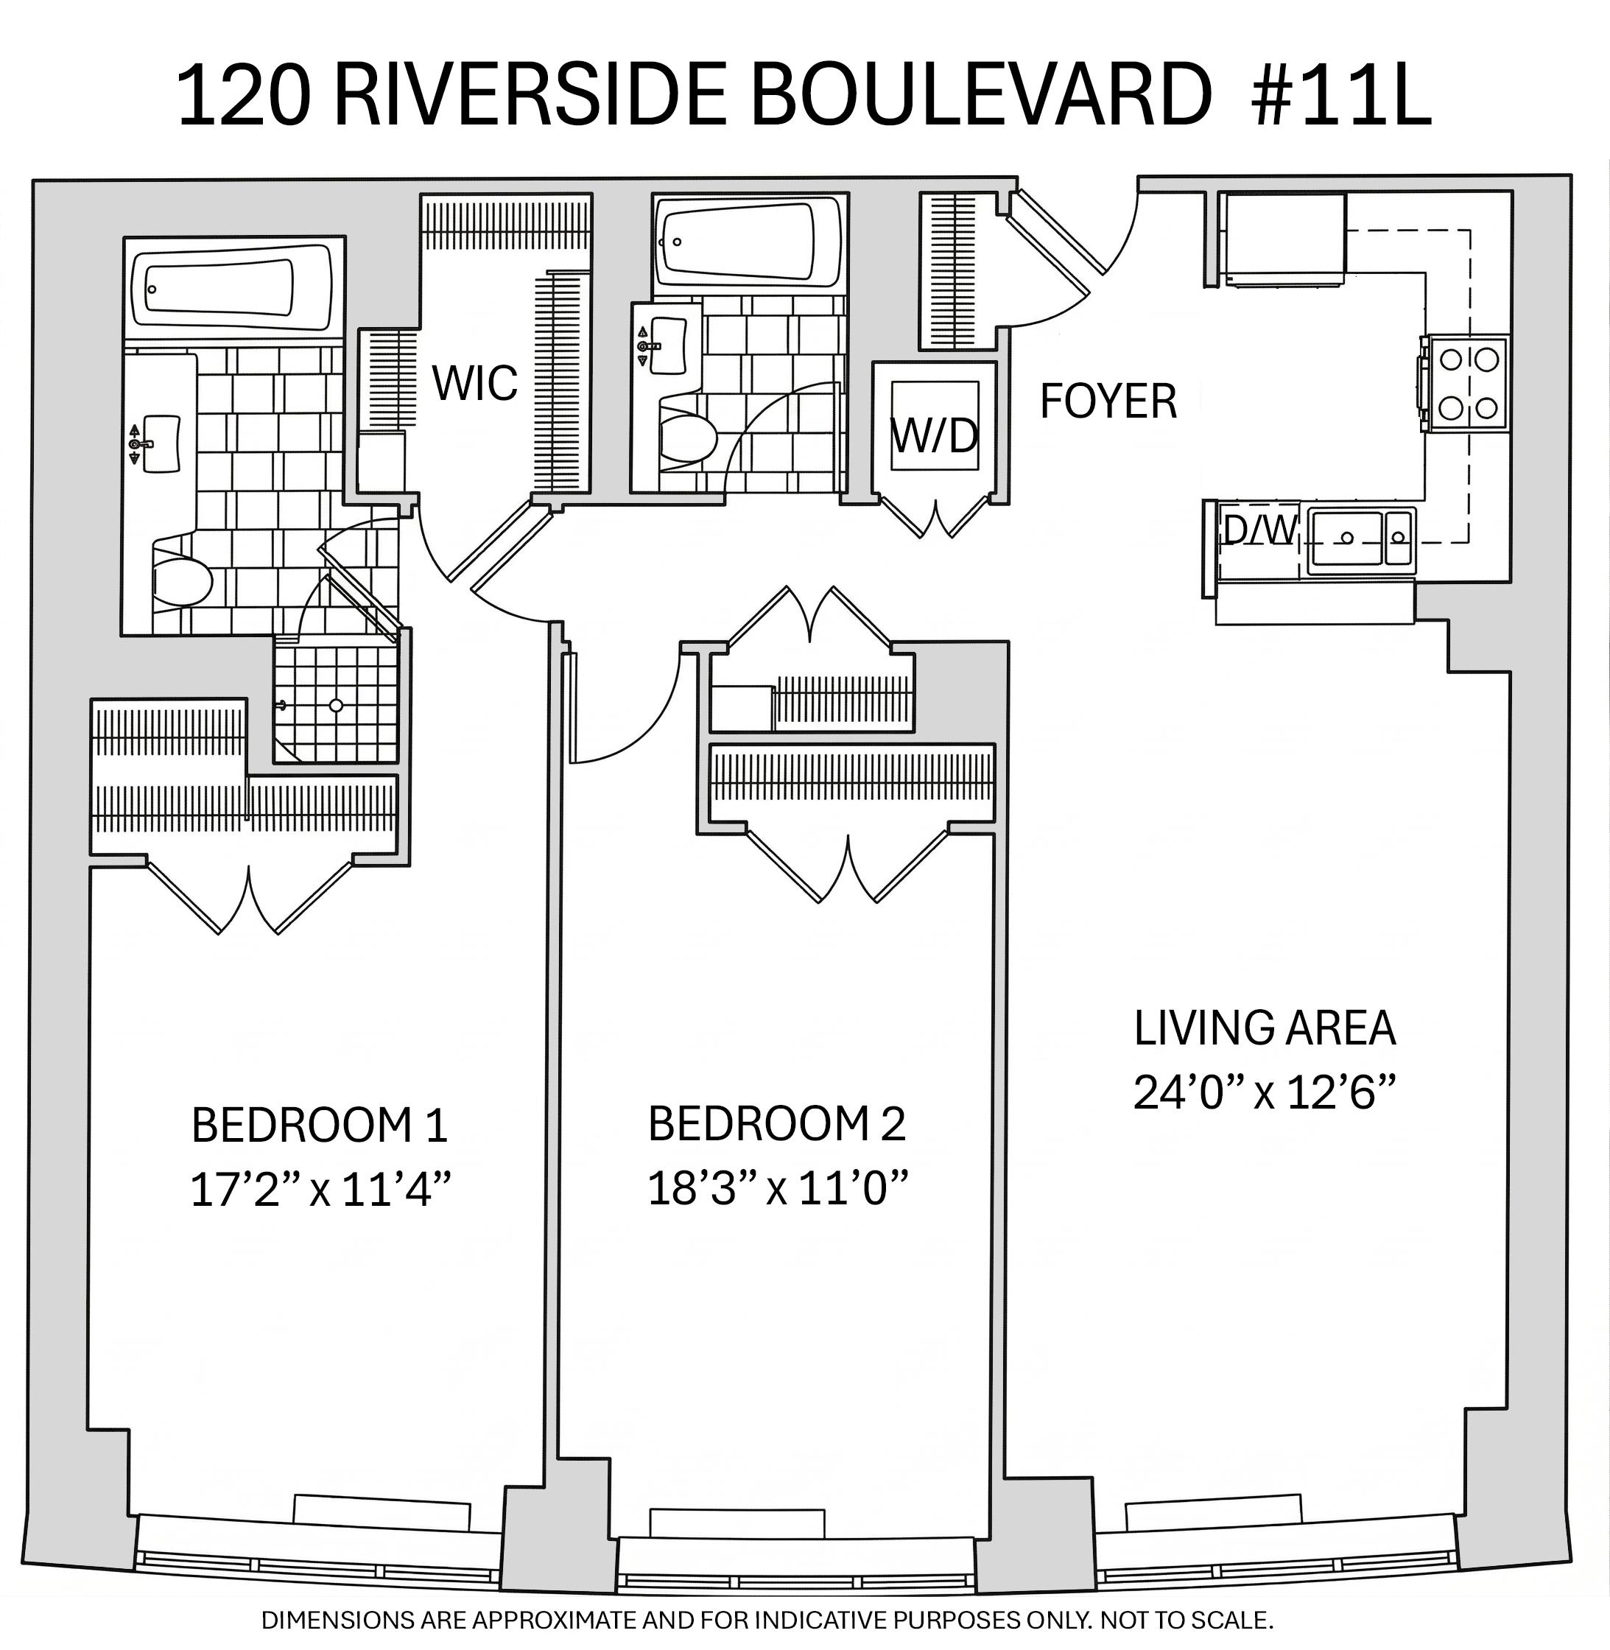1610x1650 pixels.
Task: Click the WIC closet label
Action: [x=475, y=383]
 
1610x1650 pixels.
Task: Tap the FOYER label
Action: [x=1108, y=401]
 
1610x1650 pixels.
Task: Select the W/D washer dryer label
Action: [x=935, y=435]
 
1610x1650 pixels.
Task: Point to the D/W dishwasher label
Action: [x=1260, y=530]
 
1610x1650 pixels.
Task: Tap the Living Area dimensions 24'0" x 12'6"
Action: [x=1263, y=1092]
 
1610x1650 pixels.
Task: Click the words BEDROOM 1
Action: [x=320, y=1125]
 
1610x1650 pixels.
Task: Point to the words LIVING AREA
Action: [x=1264, y=1028]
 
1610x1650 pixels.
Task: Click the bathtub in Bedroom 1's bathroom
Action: [x=233, y=289]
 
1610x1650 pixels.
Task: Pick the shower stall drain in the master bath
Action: [x=336, y=704]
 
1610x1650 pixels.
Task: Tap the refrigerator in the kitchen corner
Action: [x=1283, y=239]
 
